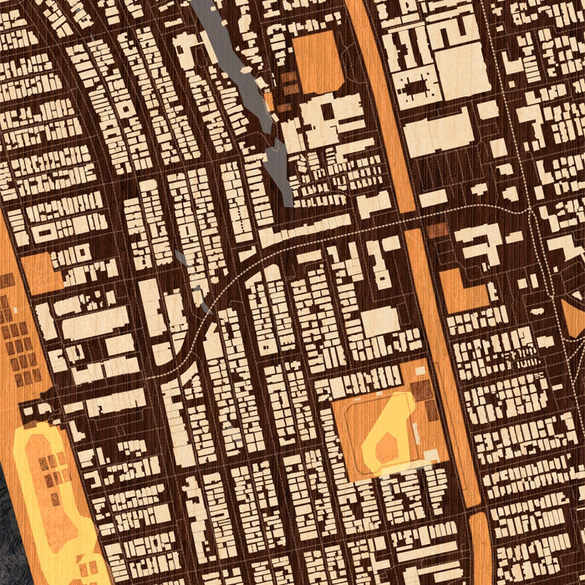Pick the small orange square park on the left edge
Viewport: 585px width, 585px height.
pos(40,272)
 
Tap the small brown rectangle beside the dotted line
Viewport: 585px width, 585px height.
pos(437,231)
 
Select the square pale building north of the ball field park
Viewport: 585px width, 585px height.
pos(380,322)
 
